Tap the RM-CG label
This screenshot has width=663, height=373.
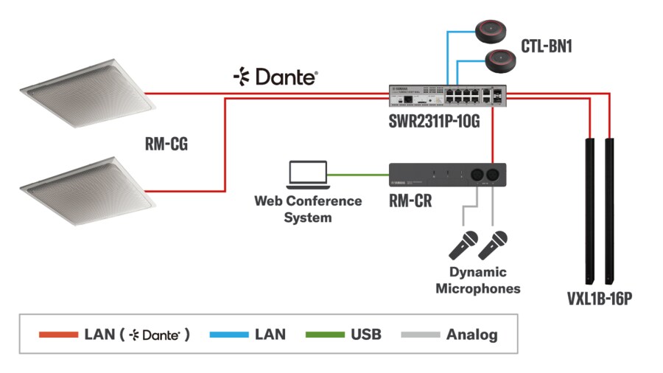click(x=166, y=144)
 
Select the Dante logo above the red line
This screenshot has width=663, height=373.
click(x=275, y=76)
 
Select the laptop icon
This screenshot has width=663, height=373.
click(x=307, y=174)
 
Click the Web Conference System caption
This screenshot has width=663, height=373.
click(x=308, y=209)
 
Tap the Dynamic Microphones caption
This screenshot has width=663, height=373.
click(x=477, y=280)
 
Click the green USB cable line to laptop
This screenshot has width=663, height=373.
click(x=359, y=175)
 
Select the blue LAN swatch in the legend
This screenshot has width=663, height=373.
click(x=228, y=335)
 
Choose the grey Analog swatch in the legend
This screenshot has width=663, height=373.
click(x=420, y=335)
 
